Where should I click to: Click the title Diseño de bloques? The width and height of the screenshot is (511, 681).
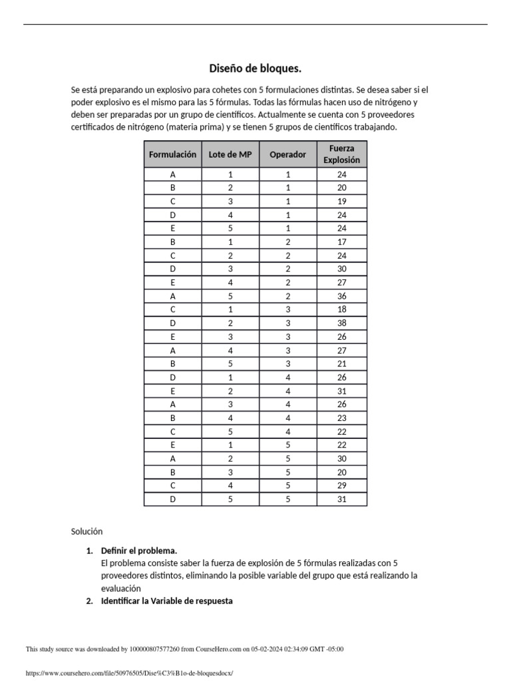(x=255, y=68)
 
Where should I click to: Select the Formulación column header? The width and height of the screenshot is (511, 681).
(x=172, y=154)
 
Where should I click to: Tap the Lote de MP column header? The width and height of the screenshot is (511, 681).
(x=230, y=154)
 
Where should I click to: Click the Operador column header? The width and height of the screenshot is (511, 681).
(x=287, y=154)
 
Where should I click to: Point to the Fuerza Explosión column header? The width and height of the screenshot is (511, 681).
(x=341, y=154)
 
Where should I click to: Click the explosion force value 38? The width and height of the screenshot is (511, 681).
(x=342, y=323)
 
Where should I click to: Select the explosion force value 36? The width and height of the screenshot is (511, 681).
(x=342, y=296)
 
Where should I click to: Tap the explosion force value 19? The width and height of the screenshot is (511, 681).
(x=342, y=202)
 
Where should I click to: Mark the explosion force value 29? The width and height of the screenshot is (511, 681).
(x=342, y=485)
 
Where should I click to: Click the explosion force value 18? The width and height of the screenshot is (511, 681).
(x=342, y=310)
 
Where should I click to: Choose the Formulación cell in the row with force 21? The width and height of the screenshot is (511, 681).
(x=172, y=364)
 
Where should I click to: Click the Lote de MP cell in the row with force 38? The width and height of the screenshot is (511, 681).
(x=230, y=323)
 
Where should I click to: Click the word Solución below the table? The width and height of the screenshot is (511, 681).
(x=87, y=531)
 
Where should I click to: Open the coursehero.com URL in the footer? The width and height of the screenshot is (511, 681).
(x=130, y=673)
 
